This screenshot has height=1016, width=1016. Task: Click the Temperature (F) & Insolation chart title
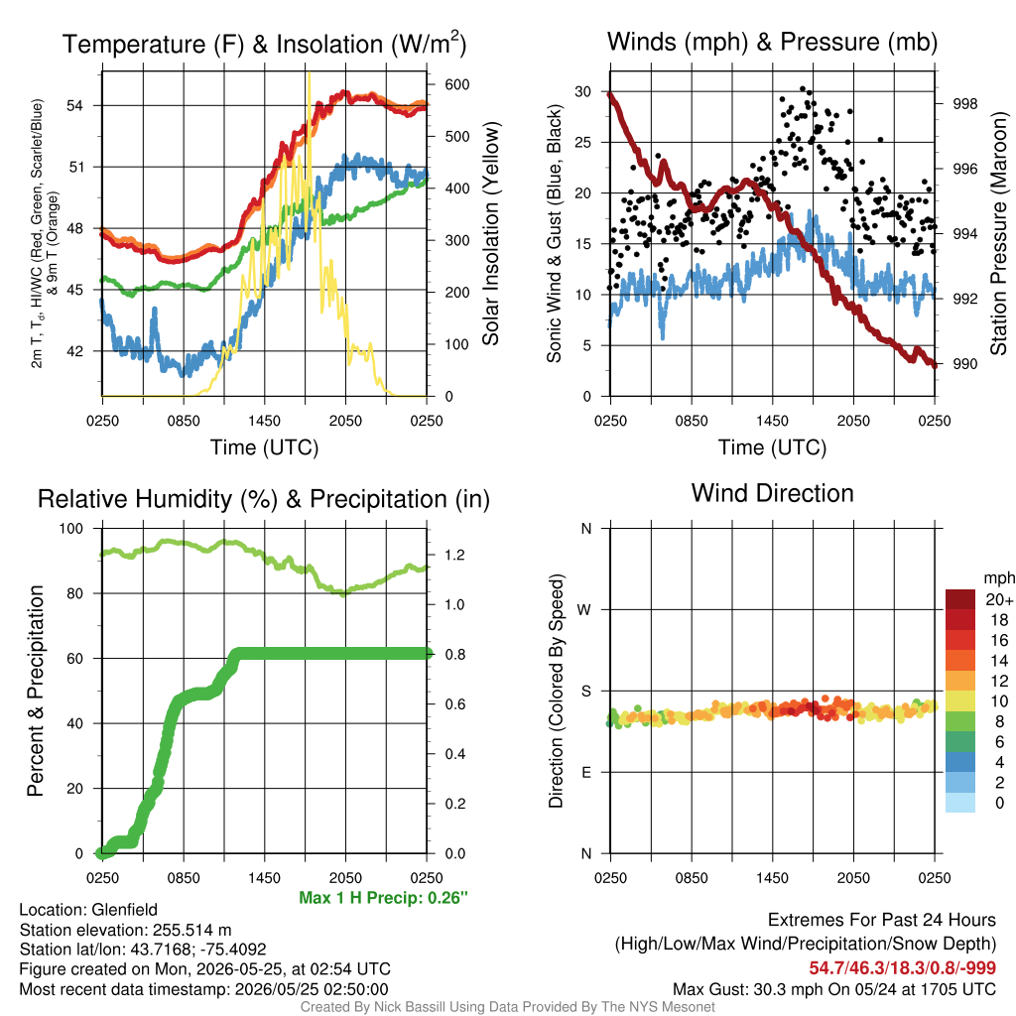point(264,44)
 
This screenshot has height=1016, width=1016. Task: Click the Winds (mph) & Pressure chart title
point(772,42)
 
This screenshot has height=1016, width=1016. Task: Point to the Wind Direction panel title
point(772,493)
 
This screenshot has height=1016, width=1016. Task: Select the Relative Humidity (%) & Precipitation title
point(264,500)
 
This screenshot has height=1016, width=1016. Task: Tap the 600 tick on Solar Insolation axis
point(456,85)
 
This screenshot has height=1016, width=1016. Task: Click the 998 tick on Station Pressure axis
point(964,103)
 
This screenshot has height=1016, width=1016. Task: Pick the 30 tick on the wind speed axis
point(583,92)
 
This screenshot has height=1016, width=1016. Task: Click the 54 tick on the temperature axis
point(75,105)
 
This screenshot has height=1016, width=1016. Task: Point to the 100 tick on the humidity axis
point(71,529)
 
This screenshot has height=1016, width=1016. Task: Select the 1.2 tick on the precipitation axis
point(454,556)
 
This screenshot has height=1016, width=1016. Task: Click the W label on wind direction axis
point(584,610)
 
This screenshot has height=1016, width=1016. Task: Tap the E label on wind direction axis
point(586,773)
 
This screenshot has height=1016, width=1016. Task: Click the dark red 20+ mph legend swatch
point(960,599)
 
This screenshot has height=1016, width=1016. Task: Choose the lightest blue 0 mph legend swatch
point(960,803)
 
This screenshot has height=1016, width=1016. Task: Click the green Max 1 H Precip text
point(383,898)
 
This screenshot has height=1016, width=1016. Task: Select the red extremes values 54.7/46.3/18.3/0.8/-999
point(902,968)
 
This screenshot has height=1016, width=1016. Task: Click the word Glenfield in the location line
point(124,910)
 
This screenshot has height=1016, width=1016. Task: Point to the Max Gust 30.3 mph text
point(833,989)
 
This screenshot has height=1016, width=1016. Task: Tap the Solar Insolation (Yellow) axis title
point(491,233)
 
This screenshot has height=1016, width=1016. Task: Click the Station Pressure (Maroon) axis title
point(998,233)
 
